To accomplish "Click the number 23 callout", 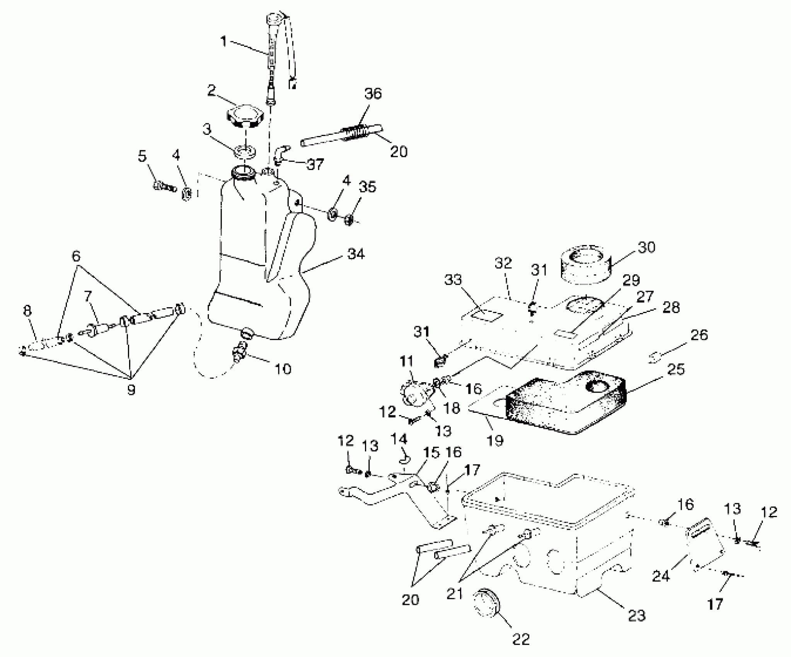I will [636, 615].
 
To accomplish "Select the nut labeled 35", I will [349, 220].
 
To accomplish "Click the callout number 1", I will [223, 41].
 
